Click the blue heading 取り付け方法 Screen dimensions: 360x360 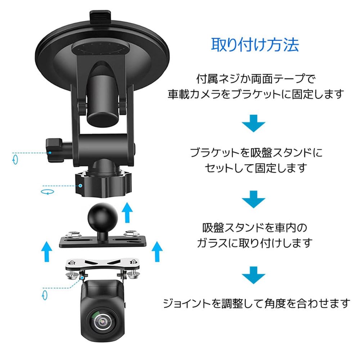pyautogui.click(x=255, y=45)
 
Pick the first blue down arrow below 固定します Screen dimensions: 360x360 pyautogui.click(x=254, y=124)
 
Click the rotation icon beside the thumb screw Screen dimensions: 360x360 pyautogui.click(x=15, y=159)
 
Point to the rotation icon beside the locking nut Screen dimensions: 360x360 pyautogui.click(x=47, y=192)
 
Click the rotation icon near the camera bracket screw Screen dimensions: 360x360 pyautogui.click(x=45, y=295)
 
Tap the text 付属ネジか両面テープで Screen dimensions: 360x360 pyautogui.click(x=253, y=78)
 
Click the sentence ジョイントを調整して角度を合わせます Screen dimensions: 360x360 pyautogui.click(x=256, y=303)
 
